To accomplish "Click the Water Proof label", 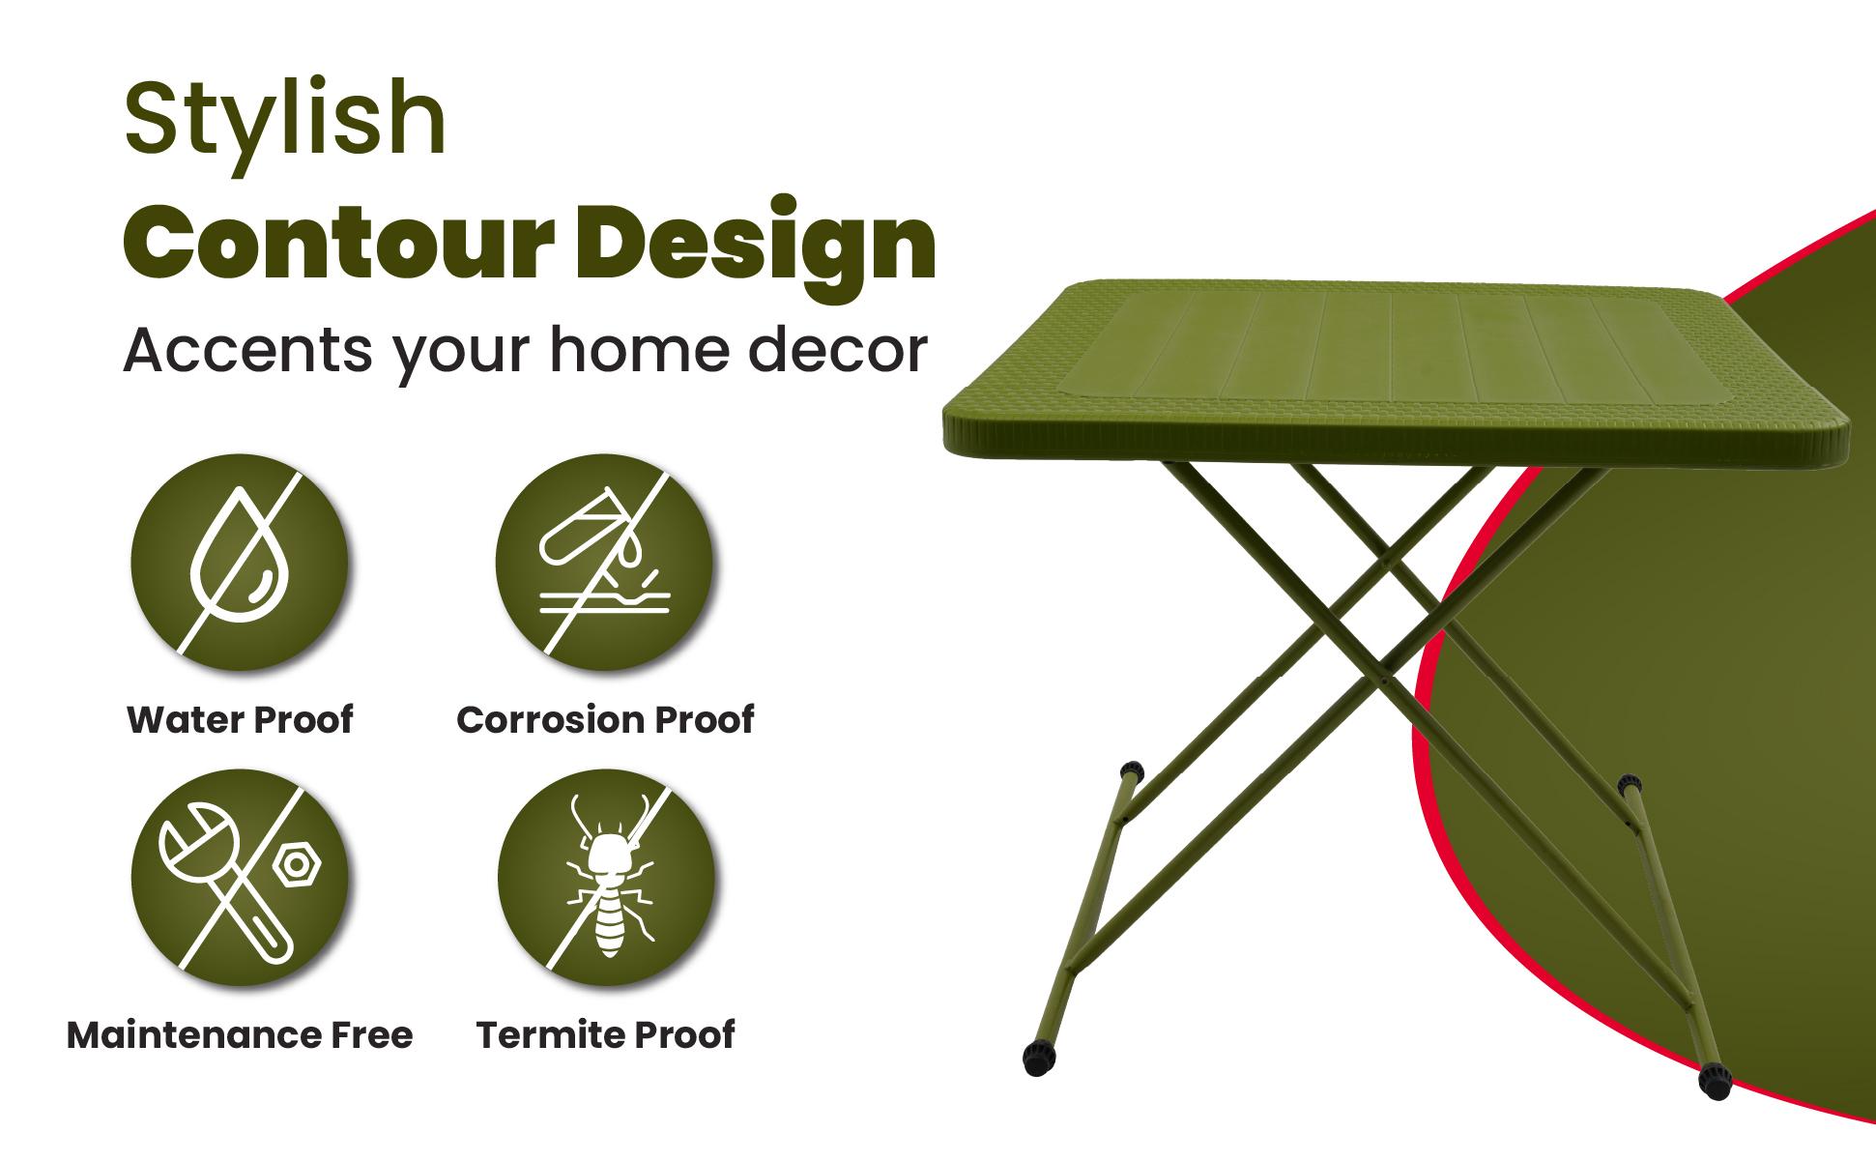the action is pos(240,720).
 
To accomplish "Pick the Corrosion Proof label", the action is pos(605,720).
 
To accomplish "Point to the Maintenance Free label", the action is pos(240,1035).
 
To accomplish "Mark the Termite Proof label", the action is pos(606,1035).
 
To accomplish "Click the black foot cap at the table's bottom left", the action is pos(1038,1059).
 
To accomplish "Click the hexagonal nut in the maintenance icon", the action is pos(298,864).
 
